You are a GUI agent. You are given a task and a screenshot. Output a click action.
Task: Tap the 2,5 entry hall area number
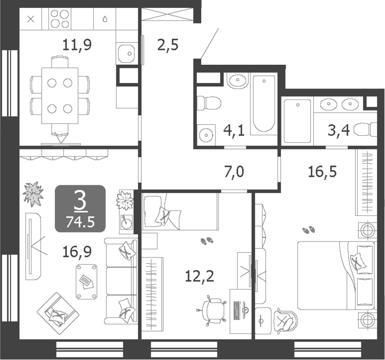click(167, 45)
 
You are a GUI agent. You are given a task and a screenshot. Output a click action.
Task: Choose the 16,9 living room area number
click(76, 252)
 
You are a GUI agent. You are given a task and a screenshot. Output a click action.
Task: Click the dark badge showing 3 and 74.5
click(80, 209)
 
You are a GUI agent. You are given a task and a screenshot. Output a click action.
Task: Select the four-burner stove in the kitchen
click(61, 19)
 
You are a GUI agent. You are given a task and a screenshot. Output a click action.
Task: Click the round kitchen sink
click(126, 53)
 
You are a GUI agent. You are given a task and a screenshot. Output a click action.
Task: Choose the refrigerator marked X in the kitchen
click(31, 19)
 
